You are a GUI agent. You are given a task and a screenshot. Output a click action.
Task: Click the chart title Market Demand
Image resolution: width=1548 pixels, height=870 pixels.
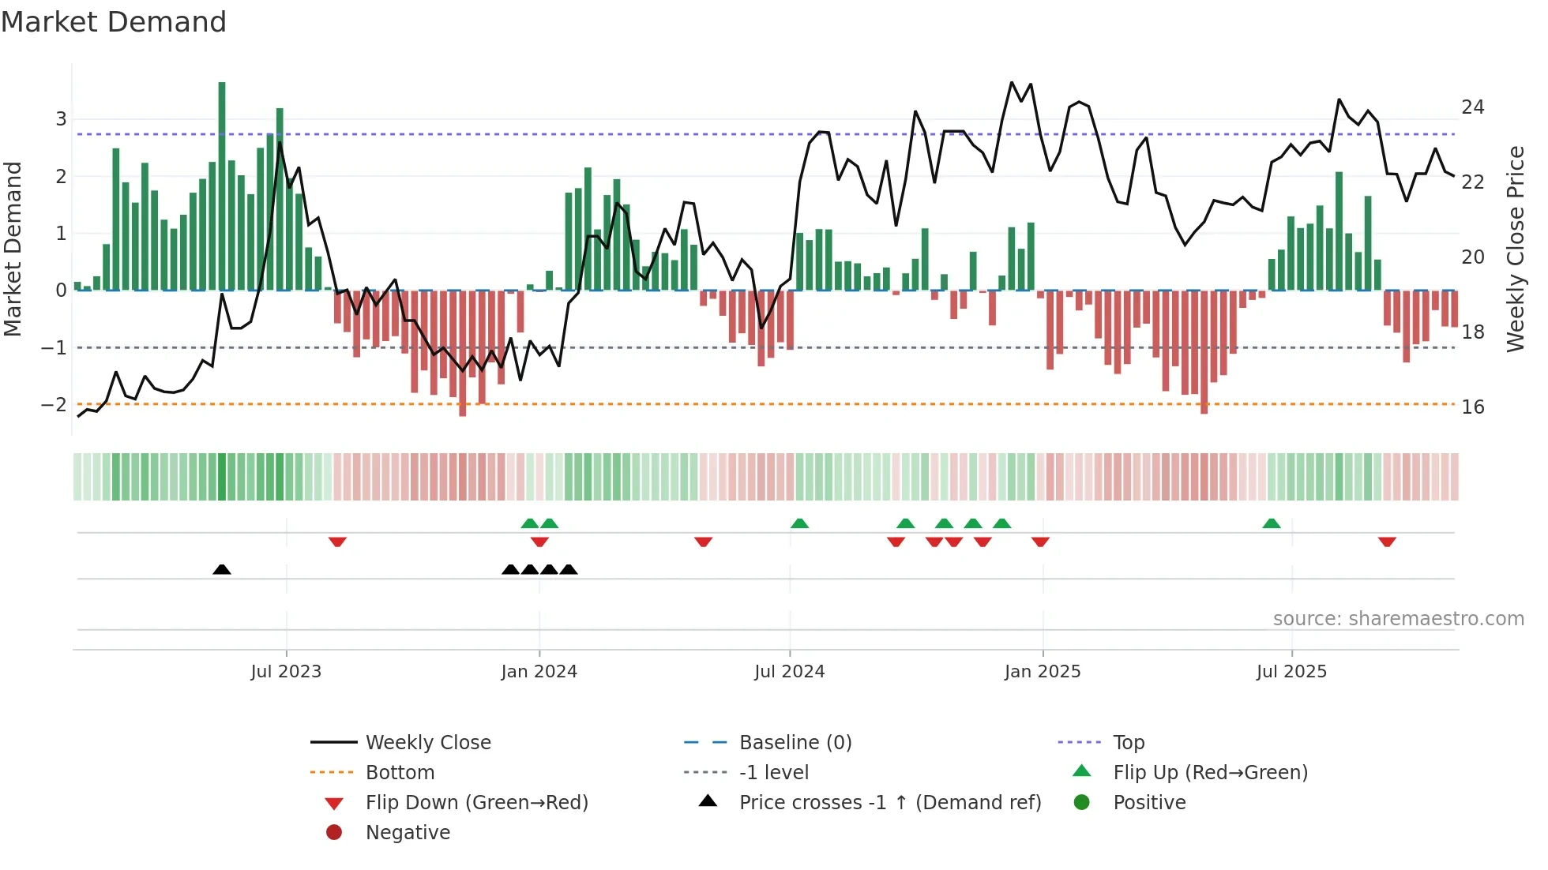pyautogui.click(x=114, y=22)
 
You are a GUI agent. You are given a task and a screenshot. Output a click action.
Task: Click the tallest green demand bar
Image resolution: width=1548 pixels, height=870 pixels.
pyautogui.click(x=222, y=186)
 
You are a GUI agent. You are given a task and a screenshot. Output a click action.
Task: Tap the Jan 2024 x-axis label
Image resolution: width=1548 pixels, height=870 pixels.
pyautogui.click(x=539, y=672)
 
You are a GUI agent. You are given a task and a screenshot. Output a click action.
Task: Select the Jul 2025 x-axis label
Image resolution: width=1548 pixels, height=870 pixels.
pyautogui.click(x=1291, y=672)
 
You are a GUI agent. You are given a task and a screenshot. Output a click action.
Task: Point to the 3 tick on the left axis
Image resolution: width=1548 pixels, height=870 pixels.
pyautogui.click(x=61, y=119)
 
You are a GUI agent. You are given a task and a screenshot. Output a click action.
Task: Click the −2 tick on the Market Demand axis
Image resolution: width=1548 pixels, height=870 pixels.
pyautogui.click(x=54, y=405)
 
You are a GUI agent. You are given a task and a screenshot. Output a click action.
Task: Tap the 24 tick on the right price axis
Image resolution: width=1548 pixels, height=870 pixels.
pyautogui.click(x=1472, y=107)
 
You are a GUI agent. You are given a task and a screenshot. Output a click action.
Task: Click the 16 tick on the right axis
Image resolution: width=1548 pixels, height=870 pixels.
pyautogui.click(x=1472, y=407)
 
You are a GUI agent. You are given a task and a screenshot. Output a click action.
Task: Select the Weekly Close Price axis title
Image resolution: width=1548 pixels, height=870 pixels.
pyautogui.click(x=1515, y=249)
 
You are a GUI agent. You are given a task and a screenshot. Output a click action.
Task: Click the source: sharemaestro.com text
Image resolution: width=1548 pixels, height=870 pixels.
pyautogui.click(x=1398, y=619)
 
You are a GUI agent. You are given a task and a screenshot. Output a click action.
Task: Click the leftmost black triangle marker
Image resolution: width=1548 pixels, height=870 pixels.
pyautogui.click(x=222, y=569)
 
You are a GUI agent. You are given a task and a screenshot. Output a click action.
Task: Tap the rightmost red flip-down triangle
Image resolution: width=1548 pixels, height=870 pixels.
pyautogui.click(x=1387, y=542)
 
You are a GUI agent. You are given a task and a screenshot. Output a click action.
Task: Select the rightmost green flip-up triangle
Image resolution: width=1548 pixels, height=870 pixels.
pyautogui.click(x=1271, y=523)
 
